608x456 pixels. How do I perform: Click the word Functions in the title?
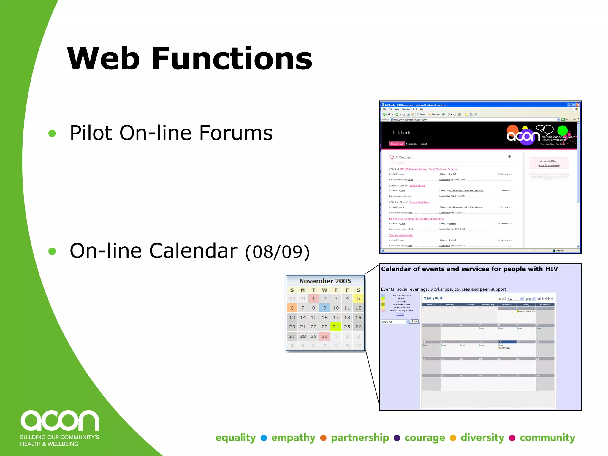(232, 58)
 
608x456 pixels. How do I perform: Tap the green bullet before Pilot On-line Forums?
(52, 133)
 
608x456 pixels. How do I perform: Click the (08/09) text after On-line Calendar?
(277, 252)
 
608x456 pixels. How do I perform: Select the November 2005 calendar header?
(325, 281)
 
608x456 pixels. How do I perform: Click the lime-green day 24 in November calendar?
(336, 327)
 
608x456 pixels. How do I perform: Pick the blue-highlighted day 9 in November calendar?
(324, 308)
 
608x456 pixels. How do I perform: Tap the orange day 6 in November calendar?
(292, 308)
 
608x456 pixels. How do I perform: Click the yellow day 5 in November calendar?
(358, 298)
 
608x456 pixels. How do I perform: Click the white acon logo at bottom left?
(60, 421)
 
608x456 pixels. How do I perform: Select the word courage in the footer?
(425, 438)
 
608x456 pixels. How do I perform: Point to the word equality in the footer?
(235, 438)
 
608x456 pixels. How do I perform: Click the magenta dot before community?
(512, 438)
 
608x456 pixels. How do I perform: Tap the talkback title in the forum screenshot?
(402, 133)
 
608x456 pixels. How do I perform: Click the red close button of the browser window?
(578, 105)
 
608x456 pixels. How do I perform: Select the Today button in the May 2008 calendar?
(501, 299)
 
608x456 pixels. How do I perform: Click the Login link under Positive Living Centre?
(400, 314)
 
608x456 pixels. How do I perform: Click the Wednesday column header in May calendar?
(488, 305)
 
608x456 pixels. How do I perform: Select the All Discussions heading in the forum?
(405, 157)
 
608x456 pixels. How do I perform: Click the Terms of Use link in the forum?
(417, 186)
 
